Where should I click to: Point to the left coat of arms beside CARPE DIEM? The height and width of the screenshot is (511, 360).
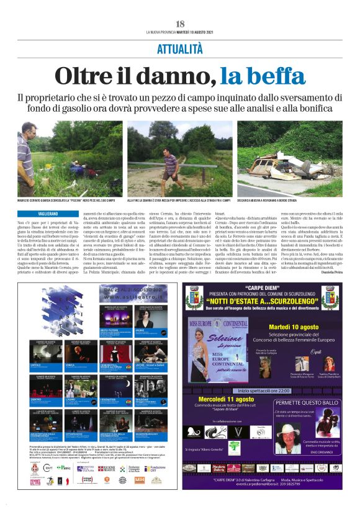194,300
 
